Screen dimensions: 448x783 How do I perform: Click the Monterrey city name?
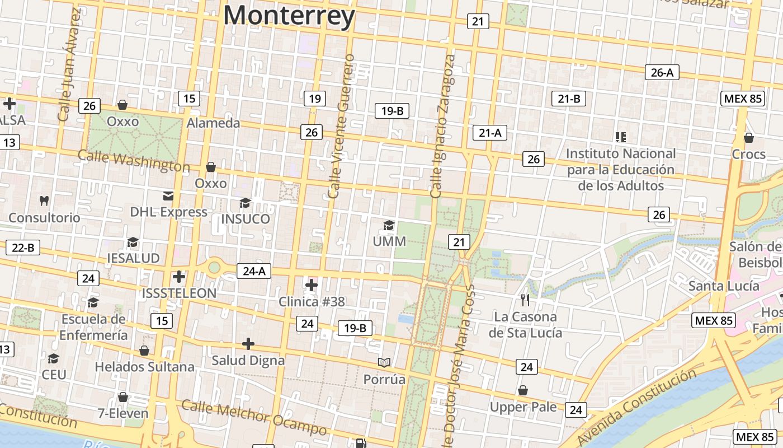(x=289, y=15)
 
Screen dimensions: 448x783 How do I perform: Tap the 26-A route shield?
(x=662, y=72)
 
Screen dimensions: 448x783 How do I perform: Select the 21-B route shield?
(x=569, y=99)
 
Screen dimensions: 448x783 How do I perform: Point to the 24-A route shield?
(x=254, y=272)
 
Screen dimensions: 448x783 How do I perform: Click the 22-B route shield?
(x=23, y=248)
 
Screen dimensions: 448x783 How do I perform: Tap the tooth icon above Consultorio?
(x=44, y=200)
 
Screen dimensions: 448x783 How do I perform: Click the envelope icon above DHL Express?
(x=168, y=195)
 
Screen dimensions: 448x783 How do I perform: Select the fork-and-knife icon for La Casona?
(x=525, y=300)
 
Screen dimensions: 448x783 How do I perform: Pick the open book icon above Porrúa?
(x=384, y=363)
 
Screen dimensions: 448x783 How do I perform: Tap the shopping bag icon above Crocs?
(x=748, y=138)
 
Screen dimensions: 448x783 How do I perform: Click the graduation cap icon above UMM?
(x=389, y=225)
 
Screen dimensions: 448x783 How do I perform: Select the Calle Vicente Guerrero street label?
(x=342, y=126)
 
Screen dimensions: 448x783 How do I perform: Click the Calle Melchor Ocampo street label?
(x=254, y=418)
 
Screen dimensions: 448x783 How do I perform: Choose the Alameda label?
(x=213, y=123)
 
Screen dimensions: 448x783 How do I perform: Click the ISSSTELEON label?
(x=179, y=293)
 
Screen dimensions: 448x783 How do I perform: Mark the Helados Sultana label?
(x=144, y=367)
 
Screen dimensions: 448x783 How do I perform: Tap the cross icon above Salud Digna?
(x=248, y=344)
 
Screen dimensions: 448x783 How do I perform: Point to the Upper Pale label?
(x=523, y=407)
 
